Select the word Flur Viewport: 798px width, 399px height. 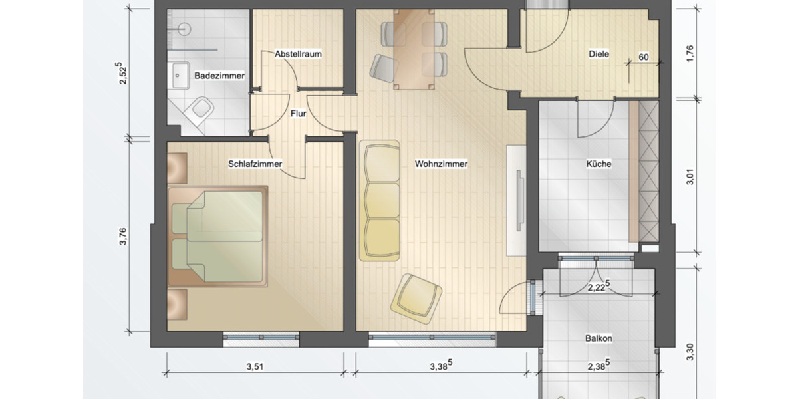tap(298, 114)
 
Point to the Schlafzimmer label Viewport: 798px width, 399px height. tap(255, 164)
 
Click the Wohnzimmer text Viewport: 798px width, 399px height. tap(441, 164)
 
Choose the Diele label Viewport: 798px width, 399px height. tap(598, 55)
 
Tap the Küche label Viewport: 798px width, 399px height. tap(598, 164)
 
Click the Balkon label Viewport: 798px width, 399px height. tap(599, 338)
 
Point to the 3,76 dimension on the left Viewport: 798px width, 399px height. tap(122, 237)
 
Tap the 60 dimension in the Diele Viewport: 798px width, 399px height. tap(644, 57)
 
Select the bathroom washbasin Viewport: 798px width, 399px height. tap(179, 75)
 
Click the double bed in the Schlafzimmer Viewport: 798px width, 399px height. tap(217, 236)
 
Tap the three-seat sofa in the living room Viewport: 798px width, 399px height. tap(380, 200)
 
